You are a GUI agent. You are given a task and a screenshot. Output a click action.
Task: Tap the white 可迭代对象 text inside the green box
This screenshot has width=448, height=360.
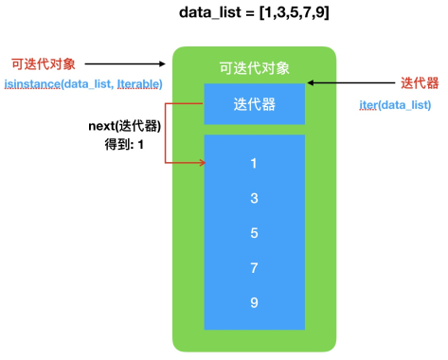click(254, 68)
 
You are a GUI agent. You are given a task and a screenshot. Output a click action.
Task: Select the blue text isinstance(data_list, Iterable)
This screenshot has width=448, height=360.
click(83, 84)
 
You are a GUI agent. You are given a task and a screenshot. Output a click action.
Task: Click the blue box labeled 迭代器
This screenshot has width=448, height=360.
click(254, 104)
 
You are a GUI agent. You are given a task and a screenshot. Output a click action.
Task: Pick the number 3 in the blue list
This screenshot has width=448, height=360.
click(254, 199)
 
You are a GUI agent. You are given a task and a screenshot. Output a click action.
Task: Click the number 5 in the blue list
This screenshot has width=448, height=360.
click(254, 233)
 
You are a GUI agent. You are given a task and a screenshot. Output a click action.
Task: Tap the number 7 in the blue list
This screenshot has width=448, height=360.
click(254, 268)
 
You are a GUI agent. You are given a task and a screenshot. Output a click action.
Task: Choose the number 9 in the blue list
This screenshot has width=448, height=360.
click(254, 303)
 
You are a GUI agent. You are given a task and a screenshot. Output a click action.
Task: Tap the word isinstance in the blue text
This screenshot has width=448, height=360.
click(30, 84)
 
